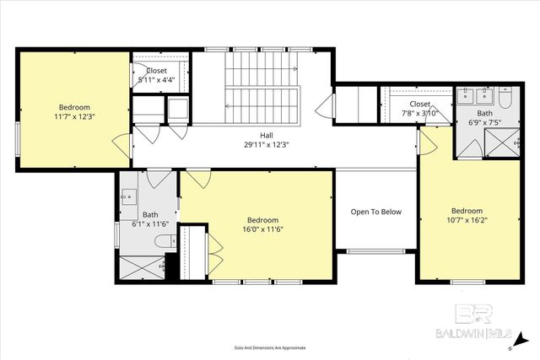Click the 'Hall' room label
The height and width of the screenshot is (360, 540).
click(267, 135)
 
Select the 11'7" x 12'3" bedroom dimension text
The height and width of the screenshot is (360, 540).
click(74, 116)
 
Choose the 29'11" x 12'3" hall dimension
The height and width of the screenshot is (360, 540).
click(267, 144)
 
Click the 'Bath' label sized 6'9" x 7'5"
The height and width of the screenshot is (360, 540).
click(484, 113)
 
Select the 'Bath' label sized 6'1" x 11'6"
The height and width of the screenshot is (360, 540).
click(150, 214)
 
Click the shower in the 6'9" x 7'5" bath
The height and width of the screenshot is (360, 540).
click(504, 146)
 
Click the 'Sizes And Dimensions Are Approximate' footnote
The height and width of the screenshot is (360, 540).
click(269, 347)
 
